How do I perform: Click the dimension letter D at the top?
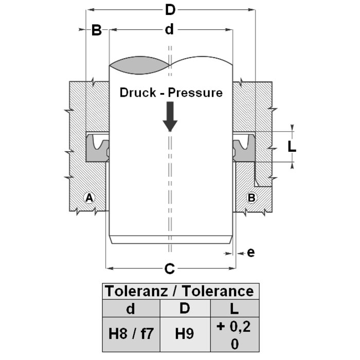pos(170,10)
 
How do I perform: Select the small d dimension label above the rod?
pos(169,30)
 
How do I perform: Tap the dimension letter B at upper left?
pos(97,30)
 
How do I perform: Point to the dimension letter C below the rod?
pos(169,268)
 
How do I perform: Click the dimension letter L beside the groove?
pos(292,146)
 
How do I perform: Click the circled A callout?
pos(89,197)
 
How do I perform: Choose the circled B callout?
pos(252,197)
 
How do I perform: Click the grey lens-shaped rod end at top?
pos(140,64)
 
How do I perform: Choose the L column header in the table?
pos(235,309)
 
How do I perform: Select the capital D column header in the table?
pos(184,309)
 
